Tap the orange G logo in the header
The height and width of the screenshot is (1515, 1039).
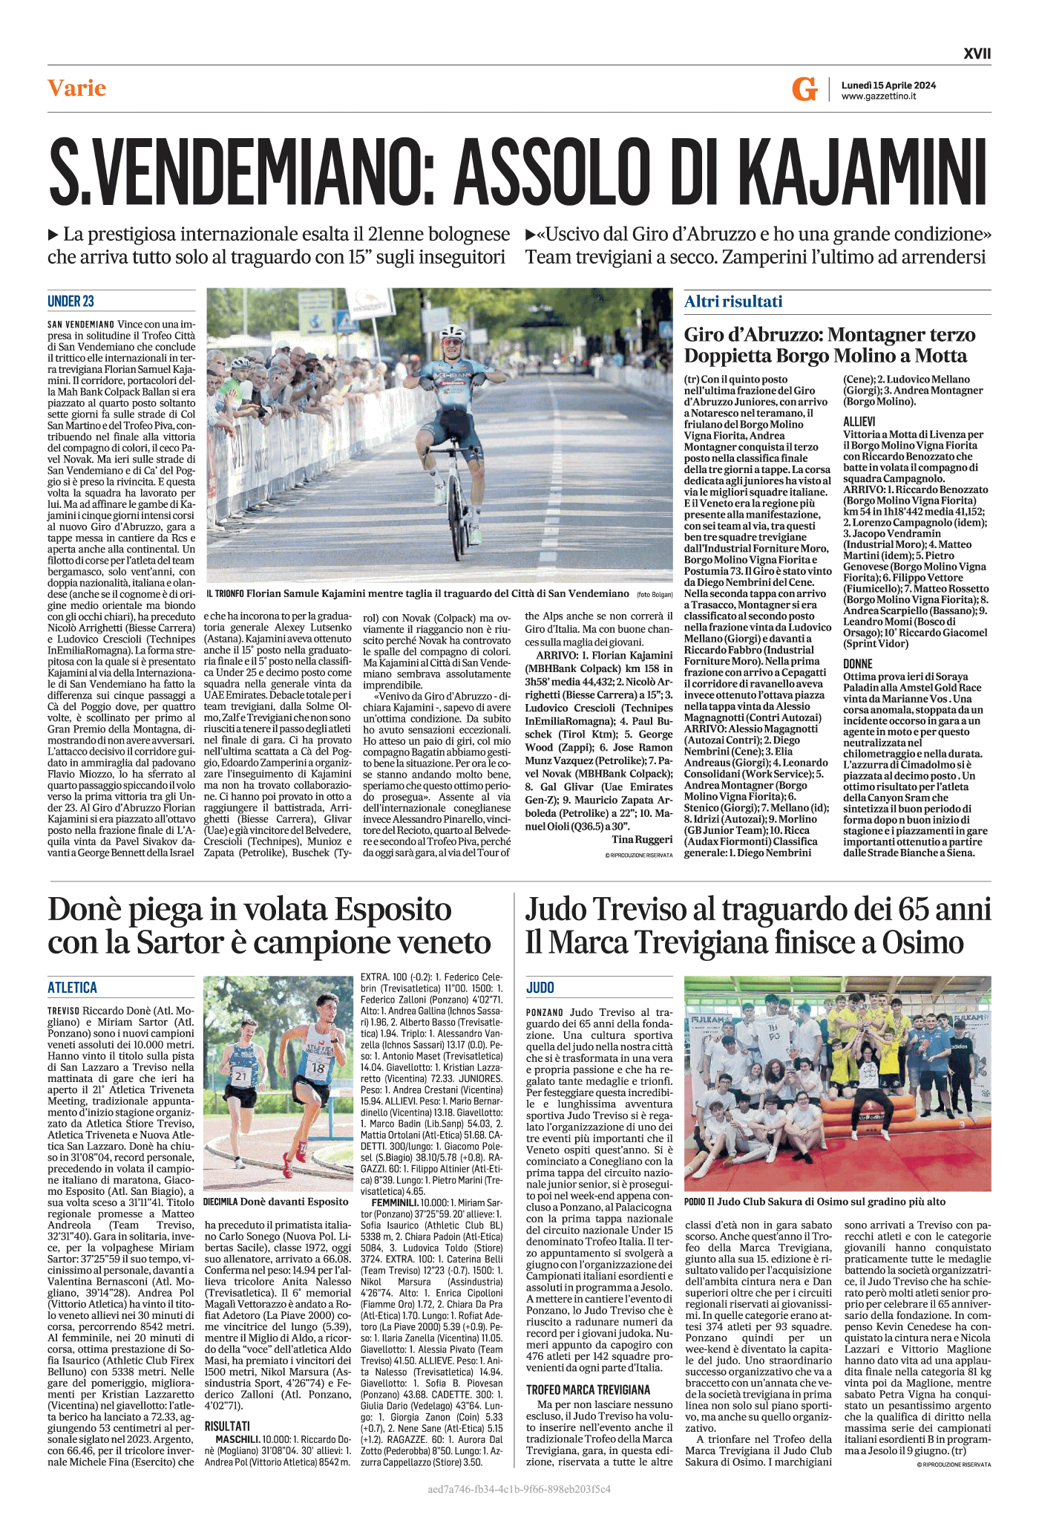pos(804,89)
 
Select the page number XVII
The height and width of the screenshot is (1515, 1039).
pos(977,53)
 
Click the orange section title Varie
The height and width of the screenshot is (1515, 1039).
pos(76,88)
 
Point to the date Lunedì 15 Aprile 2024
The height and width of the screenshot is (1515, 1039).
pos(888,85)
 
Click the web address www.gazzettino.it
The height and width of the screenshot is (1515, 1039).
pos(878,97)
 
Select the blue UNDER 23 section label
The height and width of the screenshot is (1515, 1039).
pos(71,301)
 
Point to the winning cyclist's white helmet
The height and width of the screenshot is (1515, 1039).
pos(452,331)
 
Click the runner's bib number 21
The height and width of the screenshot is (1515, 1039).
pos(240,1075)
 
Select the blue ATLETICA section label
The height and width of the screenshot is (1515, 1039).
pos(72,987)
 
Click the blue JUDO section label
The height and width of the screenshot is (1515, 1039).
pos(540,987)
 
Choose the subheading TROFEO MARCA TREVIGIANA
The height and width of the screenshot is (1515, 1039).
pos(588,1389)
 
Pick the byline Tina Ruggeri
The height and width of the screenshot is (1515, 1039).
pos(642,839)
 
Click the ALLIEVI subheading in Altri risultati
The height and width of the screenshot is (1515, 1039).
pos(859,421)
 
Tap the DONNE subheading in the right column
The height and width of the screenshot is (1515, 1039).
pos(857,663)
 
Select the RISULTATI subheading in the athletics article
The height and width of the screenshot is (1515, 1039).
pos(227,1426)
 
